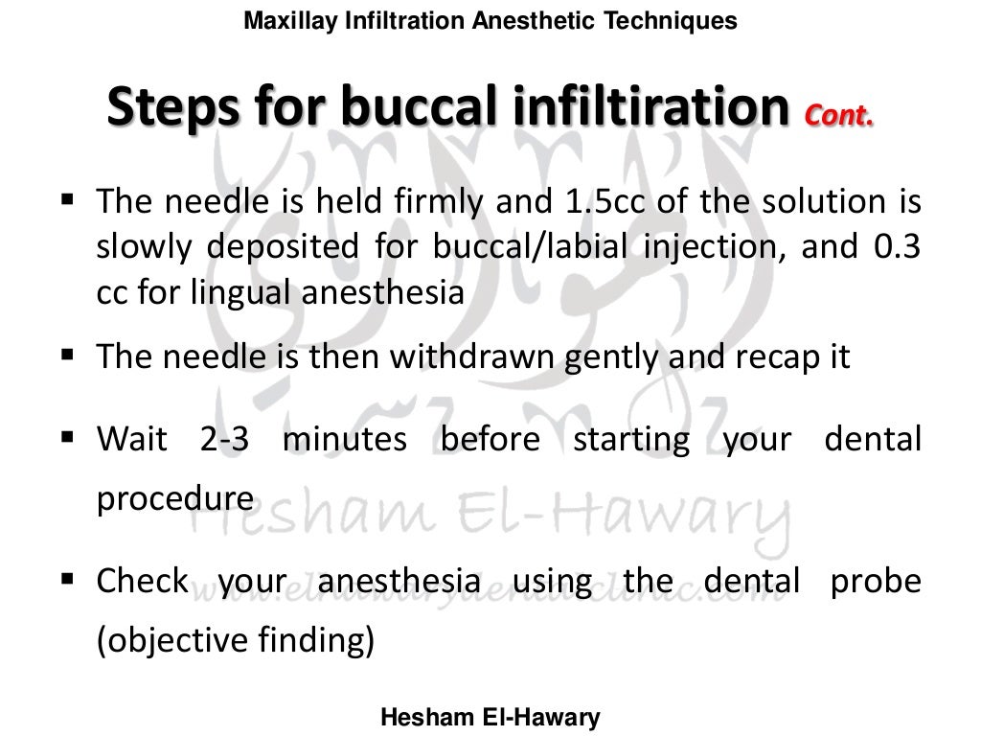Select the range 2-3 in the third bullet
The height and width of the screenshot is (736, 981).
(224, 440)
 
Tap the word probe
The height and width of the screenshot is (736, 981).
(882, 582)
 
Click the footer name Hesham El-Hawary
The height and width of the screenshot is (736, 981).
(490, 717)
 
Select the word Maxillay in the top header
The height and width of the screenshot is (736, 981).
(285, 20)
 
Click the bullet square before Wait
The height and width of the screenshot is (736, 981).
(68, 441)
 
